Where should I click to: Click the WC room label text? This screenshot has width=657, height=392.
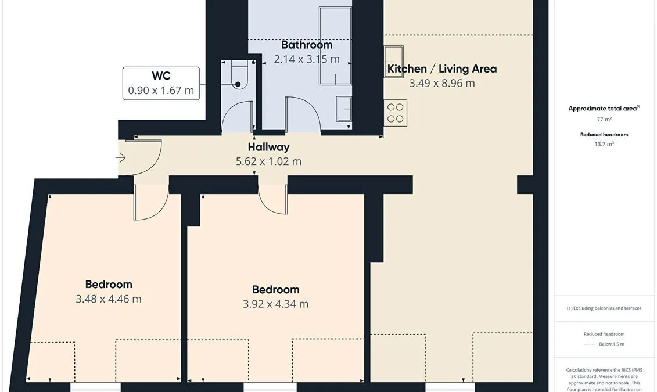pyautogui.click(x=161, y=76)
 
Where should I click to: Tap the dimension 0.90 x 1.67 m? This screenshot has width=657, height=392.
pyautogui.click(x=161, y=91)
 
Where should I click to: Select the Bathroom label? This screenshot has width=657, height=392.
pyautogui.click(x=307, y=45)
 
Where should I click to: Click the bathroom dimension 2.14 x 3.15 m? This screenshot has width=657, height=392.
pyautogui.click(x=307, y=59)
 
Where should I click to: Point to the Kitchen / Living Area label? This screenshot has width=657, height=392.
pyautogui.click(x=442, y=69)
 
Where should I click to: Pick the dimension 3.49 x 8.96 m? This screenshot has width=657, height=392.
pyautogui.click(x=442, y=83)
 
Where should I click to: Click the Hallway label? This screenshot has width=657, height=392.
pyautogui.click(x=268, y=147)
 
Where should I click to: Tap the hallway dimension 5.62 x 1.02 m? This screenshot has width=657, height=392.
pyautogui.click(x=268, y=161)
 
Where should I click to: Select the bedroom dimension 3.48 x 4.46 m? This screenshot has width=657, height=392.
pyautogui.click(x=109, y=299)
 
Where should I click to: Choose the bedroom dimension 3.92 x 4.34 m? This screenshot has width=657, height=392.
pyautogui.click(x=276, y=304)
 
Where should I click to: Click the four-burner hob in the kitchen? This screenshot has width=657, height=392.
pyautogui.click(x=395, y=113)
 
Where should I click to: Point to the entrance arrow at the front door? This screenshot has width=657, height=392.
pyautogui.click(x=121, y=158)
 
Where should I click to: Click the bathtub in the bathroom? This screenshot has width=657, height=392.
pyautogui.click(x=335, y=46)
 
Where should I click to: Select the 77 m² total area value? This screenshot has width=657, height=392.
pyautogui.click(x=604, y=120)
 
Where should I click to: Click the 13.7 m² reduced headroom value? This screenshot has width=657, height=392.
pyautogui.click(x=604, y=144)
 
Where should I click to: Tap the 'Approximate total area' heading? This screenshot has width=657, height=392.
pyautogui.click(x=604, y=108)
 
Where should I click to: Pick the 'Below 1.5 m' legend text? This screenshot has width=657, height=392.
pyautogui.click(x=611, y=344)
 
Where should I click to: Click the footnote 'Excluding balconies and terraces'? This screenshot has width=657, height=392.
pyautogui.click(x=607, y=308)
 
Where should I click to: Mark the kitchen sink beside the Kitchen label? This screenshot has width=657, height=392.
pyautogui.click(x=393, y=62)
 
